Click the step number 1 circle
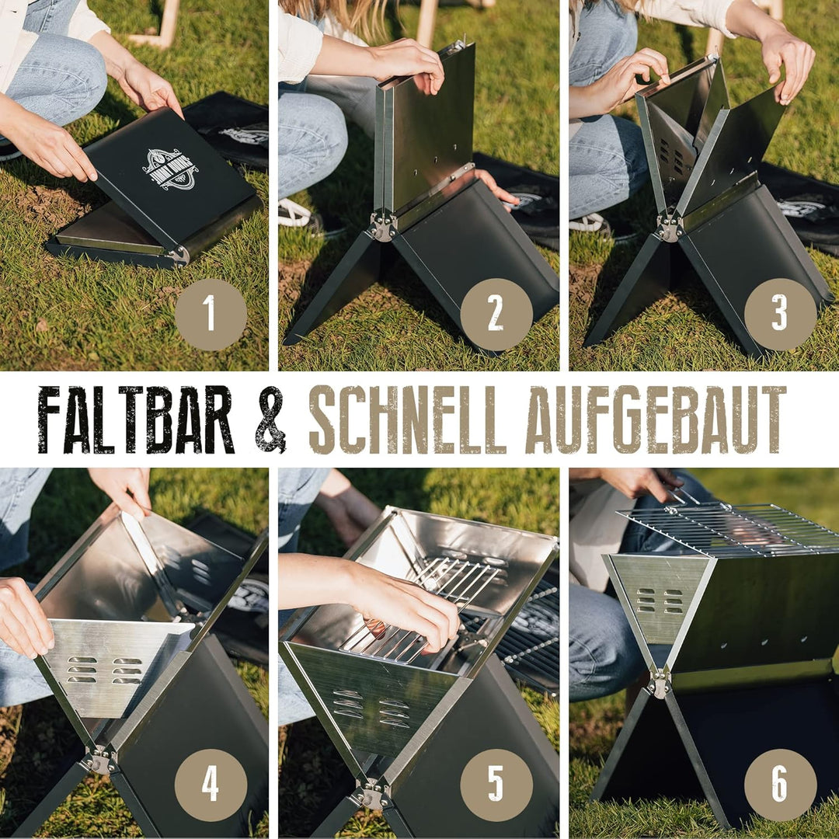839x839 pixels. pyautogui.click(x=211, y=315)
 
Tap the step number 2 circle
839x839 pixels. pyautogui.click(x=496, y=315)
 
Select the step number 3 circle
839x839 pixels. pyautogui.click(x=780, y=315)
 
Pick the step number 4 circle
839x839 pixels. pyautogui.click(x=211, y=785)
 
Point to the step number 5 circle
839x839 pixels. pyautogui.click(x=496, y=785)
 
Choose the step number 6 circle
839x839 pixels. pyautogui.click(x=780, y=785)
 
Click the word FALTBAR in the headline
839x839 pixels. pyautogui.click(x=136, y=419)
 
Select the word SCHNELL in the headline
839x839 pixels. pyautogui.click(x=408, y=419)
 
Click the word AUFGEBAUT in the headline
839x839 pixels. pyautogui.click(x=655, y=419)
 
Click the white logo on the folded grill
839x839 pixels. pyautogui.click(x=170, y=168)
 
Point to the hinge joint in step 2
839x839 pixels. pyautogui.click(x=382, y=225)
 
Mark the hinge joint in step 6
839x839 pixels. pyautogui.click(x=660, y=683)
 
